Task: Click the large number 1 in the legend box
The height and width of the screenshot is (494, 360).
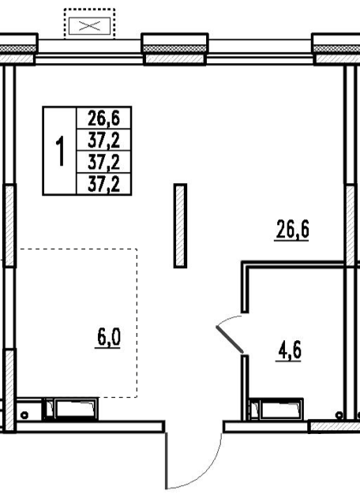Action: [x=60, y=151]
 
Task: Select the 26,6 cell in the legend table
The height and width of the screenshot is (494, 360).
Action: [x=103, y=118]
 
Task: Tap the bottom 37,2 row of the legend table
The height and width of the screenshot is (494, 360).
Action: [x=103, y=184]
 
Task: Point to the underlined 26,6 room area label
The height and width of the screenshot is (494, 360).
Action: [x=293, y=230]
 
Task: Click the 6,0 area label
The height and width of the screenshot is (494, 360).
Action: [x=108, y=338]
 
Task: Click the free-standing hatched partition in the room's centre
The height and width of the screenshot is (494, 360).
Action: [x=180, y=226]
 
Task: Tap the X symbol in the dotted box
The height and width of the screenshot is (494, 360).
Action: [x=89, y=25]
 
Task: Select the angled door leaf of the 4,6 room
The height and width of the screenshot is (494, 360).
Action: [x=230, y=339]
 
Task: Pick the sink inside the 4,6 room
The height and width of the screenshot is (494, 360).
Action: [x=276, y=410]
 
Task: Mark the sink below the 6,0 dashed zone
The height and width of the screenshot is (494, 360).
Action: [x=70, y=409]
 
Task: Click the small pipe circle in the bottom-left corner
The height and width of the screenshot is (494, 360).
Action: [x=24, y=415]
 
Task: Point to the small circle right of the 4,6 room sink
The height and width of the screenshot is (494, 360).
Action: [x=339, y=415]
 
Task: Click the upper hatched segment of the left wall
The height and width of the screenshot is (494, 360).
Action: [x=9, y=226]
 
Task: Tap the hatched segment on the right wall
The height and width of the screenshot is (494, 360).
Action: [x=351, y=225]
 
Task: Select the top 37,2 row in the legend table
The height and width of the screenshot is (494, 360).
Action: [x=103, y=140]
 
